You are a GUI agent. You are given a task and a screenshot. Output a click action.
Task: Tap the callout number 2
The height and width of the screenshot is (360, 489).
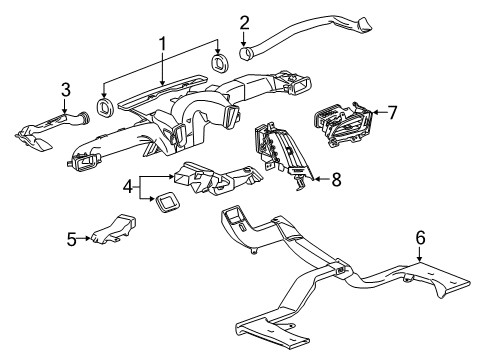click(x=244, y=22)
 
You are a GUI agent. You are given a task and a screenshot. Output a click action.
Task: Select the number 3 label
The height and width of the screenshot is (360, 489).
click(x=65, y=90)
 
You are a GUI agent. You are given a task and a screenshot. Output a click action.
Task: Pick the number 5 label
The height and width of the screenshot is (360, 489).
click(x=71, y=239)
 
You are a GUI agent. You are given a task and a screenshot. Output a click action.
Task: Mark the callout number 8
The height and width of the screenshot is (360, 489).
click(x=335, y=180)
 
